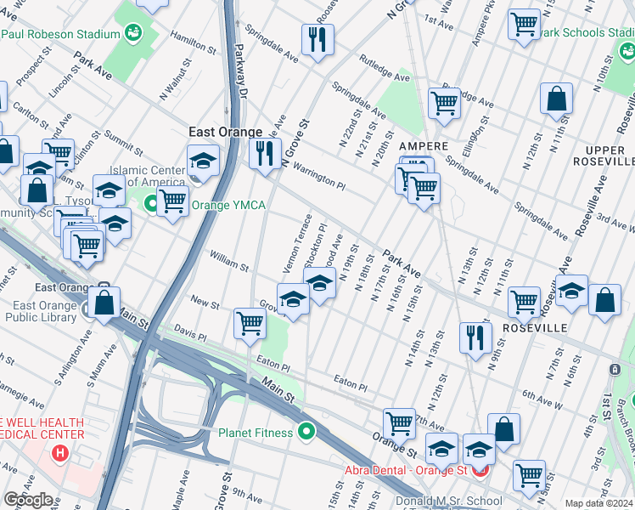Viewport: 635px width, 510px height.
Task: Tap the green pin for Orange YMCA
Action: pyautogui.click(x=152, y=204)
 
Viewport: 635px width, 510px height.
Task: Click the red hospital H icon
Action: pyautogui.click(x=59, y=452)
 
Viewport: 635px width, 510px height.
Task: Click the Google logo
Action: pyautogui.click(x=29, y=500)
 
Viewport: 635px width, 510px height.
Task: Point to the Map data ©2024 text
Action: pyautogui.click(x=598, y=503)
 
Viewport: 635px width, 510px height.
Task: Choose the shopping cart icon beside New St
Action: pyautogui.click(x=250, y=323)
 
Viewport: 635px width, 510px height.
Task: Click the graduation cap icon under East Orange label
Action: pyautogui.click(x=203, y=159)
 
